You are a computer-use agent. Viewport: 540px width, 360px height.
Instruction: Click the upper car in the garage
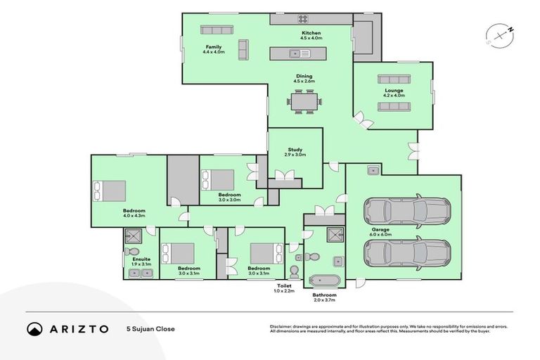pyautogui.click(x=406, y=210)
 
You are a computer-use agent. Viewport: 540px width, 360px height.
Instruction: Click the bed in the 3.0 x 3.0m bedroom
pyautogui.click(x=218, y=180)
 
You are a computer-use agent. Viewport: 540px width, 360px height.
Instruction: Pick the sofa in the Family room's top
pyautogui.click(x=217, y=30)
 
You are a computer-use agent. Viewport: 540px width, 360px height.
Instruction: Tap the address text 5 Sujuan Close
pyautogui.click(x=150, y=328)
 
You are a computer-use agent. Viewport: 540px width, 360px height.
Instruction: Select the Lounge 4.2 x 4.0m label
pyautogui.click(x=394, y=93)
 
